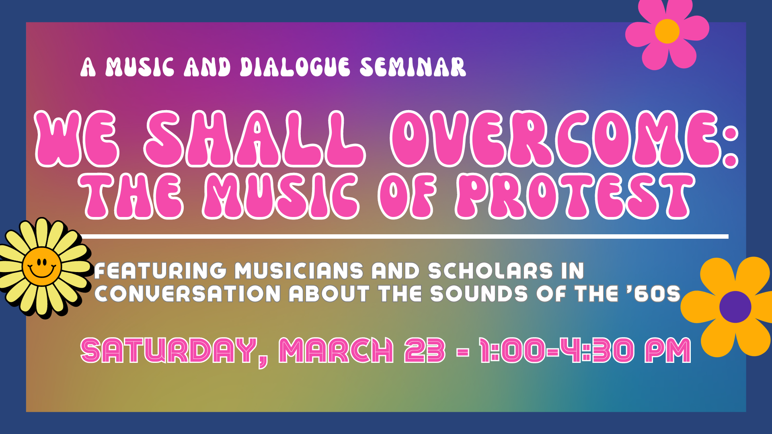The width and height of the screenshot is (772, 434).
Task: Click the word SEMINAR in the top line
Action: (x=413, y=67)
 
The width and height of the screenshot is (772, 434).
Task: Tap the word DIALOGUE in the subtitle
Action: (x=295, y=67)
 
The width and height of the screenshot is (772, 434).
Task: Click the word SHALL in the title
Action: (x=255, y=139)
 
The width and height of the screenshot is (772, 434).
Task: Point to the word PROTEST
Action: (x=575, y=197)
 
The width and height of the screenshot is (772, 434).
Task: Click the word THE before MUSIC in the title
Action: (x=131, y=197)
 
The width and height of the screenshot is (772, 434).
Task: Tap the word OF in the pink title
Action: (x=407, y=197)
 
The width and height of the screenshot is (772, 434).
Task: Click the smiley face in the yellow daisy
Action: (x=42, y=266)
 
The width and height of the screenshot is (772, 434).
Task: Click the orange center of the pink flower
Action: (x=667, y=31)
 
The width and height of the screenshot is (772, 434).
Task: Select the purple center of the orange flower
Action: (x=735, y=307)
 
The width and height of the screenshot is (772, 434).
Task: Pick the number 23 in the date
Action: (x=425, y=350)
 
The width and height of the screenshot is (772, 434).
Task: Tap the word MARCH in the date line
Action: (x=336, y=350)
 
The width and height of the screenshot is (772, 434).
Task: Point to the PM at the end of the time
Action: (x=668, y=350)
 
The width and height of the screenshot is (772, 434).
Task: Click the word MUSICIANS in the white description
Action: (x=299, y=271)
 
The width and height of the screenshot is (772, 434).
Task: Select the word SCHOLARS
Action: (x=491, y=271)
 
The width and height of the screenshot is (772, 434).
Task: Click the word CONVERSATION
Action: (x=187, y=294)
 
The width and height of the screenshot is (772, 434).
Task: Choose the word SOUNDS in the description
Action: (x=479, y=294)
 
